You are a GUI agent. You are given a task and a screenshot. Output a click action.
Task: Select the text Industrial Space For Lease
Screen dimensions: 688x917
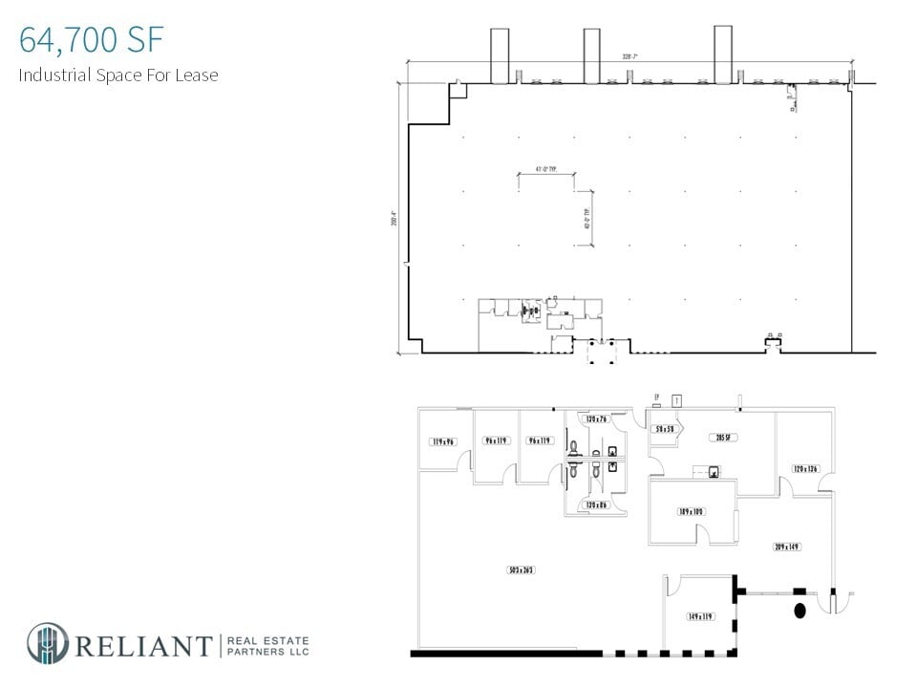click(x=118, y=75)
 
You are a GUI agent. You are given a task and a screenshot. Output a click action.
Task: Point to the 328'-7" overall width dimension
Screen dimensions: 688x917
click(x=627, y=57)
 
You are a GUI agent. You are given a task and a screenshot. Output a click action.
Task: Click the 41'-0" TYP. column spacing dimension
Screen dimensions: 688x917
click(x=545, y=169)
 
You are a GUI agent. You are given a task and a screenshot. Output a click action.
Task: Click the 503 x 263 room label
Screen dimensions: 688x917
click(x=521, y=570)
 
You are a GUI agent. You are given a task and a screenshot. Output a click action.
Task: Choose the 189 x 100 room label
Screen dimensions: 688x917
click(x=691, y=512)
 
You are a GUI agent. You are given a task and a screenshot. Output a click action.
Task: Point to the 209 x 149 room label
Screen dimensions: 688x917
click(x=787, y=547)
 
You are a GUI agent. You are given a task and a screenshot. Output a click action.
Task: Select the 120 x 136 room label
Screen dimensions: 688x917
click(x=805, y=469)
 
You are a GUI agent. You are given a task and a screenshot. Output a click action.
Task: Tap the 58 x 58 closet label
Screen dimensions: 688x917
click(x=664, y=430)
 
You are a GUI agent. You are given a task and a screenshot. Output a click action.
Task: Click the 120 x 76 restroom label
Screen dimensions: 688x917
click(x=597, y=419)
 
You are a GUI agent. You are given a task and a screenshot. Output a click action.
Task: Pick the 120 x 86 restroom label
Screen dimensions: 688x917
click(x=597, y=505)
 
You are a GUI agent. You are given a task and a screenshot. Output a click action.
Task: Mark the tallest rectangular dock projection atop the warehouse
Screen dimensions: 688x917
click(x=723, y=54)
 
